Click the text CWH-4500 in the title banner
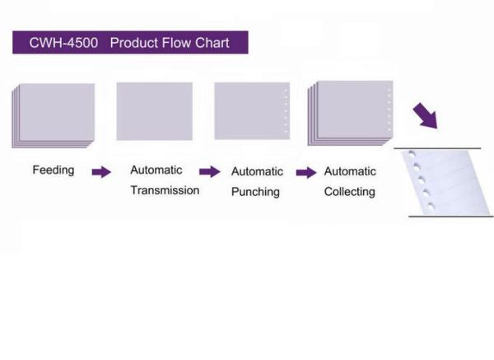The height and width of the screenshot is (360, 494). [x=63, y=43]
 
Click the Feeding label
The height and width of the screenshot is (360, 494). [x=54, y=171]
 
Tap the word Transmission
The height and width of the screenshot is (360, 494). [x=165, y=190]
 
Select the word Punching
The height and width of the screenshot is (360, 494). [x=255, y=192]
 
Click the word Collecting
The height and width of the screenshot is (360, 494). [x=350, y=192]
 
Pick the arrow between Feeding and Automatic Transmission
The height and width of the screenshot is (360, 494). [x=101, y=172]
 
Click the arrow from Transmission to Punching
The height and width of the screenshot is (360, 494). [x=210, y=172]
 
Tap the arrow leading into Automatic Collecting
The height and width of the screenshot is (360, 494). [x=306, y=172]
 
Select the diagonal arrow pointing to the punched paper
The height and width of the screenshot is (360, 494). [x=426, y=115]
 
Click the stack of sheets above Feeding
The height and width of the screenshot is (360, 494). [x=54, y=115]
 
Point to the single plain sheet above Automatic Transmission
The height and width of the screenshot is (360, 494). [x=155, y=111]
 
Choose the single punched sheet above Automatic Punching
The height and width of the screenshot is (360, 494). [x=252, y=111]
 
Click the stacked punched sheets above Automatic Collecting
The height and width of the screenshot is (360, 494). [x=351, y=113]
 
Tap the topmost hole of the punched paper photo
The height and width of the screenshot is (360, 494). [x=412, y=154]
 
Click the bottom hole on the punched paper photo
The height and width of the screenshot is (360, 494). [x=431, y=207]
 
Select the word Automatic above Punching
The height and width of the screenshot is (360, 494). [x=257, y=172]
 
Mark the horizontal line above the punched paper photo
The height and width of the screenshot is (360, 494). [x=437, y=147]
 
